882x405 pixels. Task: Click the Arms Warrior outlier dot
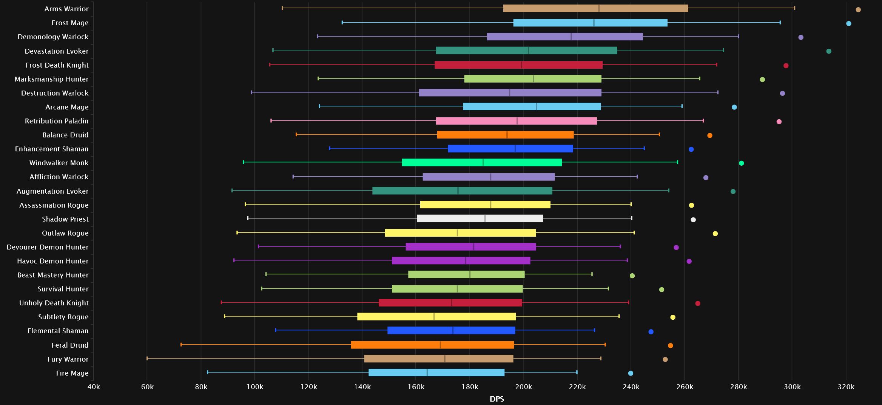click(x=858, y=10)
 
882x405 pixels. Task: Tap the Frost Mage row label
click(x=70, y=23)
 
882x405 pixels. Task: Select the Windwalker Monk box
click(x=482, y=163)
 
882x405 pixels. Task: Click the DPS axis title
click(x=497, y=399)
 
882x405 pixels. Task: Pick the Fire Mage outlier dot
click(x=631, y=373)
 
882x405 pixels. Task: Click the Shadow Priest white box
click(x=480, y=219)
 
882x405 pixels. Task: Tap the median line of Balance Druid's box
click(x=507, y=135)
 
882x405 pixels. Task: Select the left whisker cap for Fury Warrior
click(x=147, y=358)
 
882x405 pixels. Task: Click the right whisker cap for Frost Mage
click(x=780, y=23)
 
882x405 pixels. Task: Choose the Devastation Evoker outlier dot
click(x=829, y=51)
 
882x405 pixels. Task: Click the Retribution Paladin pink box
click(x=517, y=121)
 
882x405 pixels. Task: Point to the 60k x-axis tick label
click(x=147, y=387)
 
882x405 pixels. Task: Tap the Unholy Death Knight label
click(x=54, y=303)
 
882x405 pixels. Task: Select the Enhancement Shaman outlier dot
click(x=691, y=149)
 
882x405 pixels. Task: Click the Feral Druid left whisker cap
click(x=181, y=344)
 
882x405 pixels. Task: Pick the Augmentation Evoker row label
click(x=52, y=191)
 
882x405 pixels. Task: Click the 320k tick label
click(x=846, y=387)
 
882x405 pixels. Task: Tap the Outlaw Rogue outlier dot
click(x=715, y=234)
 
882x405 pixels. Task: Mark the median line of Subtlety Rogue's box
click(x=434, y=317)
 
